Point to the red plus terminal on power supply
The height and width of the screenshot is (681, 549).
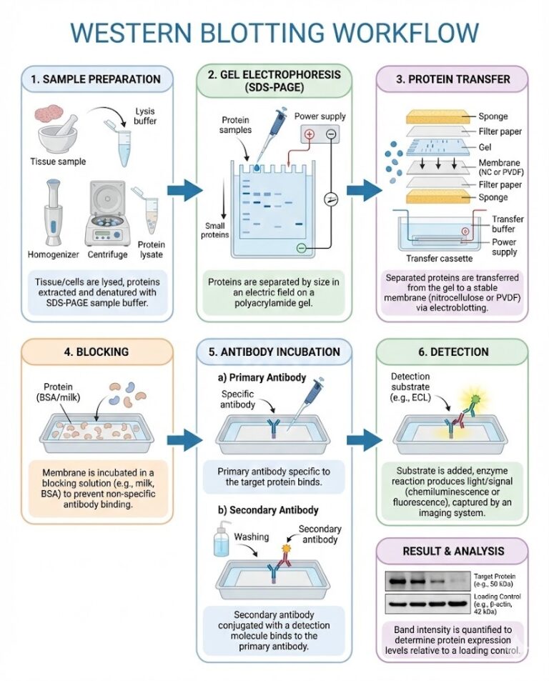tap(310, 136)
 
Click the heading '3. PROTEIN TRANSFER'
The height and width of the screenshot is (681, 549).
tap(452, 78)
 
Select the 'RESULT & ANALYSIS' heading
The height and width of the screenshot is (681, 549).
tap(452, 551)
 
